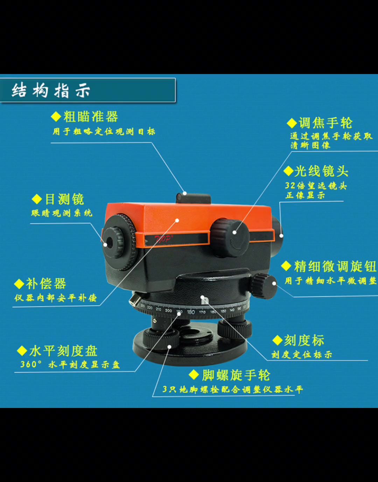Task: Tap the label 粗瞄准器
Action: (x=90, y=117)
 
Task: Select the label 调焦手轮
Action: (x=325, y=123)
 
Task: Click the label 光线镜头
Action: (x=321, y=171)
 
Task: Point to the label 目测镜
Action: (x=64, y=199)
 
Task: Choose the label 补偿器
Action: (x=46, y=284)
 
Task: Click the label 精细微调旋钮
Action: (x=335, y=266)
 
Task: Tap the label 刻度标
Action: (x=304, y=340)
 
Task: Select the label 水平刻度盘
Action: (x=63, y=351)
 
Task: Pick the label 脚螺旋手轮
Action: (x=236, y=375)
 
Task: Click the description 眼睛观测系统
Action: (x=62, y=213)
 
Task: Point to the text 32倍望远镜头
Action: (x=316, y=185)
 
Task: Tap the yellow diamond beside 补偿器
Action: (x=19, y=284)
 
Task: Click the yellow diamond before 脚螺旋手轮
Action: (x=194, y=375)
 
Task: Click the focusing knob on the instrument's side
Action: (x=229, y=238)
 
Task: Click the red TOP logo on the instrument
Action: (x=163, y=240)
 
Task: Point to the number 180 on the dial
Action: (x=191, y=312)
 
